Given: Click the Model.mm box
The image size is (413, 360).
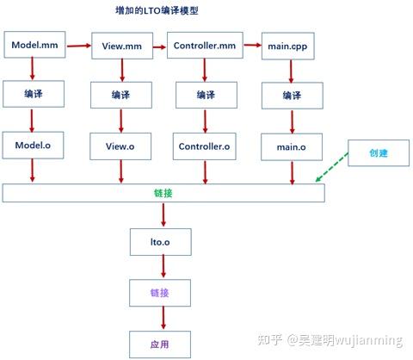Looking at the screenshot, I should coord(34,45).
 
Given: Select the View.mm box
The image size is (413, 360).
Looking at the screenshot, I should coord(120,45).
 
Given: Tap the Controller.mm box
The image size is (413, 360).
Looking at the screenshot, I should coord(204,45).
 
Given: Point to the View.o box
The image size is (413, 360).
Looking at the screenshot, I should coord(120,146).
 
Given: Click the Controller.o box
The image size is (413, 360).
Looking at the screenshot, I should coord(204,146).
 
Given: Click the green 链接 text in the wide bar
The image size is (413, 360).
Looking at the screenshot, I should coord(163,193).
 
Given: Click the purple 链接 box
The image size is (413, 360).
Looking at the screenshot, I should coord(157,293).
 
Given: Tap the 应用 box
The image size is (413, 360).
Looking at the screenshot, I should coord(157,344).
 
